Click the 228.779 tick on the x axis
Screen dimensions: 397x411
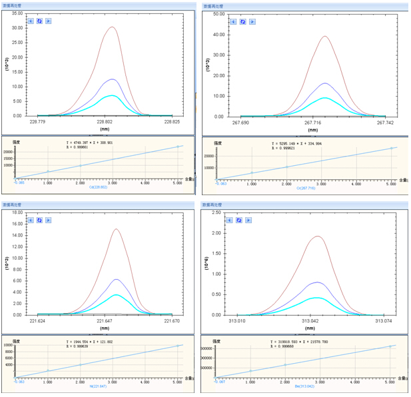38,122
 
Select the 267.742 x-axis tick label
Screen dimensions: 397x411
385,123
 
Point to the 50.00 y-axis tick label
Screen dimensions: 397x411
217,13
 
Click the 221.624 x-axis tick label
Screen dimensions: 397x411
38,321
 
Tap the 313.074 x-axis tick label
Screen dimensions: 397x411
385,320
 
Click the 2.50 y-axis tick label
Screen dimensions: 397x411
218,212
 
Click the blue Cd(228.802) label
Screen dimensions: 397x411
99,187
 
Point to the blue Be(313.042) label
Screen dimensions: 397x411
304,385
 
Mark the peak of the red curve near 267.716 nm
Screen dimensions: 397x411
325,37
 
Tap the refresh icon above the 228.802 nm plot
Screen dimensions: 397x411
39,21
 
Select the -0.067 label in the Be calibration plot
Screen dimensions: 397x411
219,382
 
